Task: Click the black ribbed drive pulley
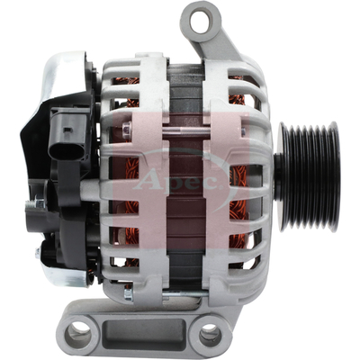click(309, 177)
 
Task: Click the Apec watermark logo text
click(179, 180)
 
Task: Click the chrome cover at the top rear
click(66, 74)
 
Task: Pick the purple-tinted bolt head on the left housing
click(127, 127)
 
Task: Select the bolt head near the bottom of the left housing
click(129, 294)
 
